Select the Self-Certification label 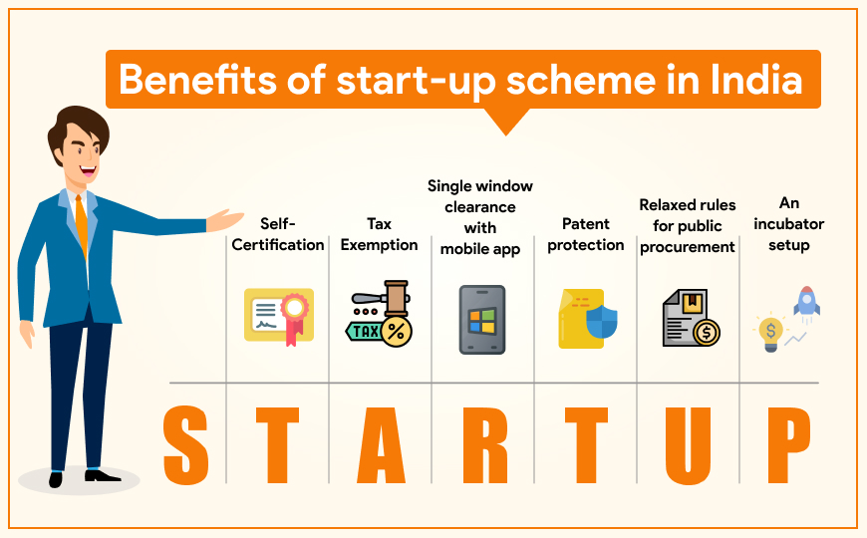tap(278, 234)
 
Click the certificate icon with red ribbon tap(279, 317)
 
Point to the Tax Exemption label tap(379, 234)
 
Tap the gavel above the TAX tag tap(383, 298)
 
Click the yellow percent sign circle tap(397, 332)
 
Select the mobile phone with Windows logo tap(482, 320)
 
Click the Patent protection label tap(586, 234)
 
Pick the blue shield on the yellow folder tap(602, 321)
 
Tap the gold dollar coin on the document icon tap(706, 333)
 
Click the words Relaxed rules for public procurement tap(688, 226)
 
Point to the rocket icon tap(807, 303)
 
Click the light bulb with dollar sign tap(770, 334)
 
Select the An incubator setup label tap(788, 224)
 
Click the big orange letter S tap(186, 445)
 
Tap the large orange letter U tap(688, 445)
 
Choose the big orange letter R tap(485, 445)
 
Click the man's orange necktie tap(82, 225)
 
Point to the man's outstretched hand tap(224, 220)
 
